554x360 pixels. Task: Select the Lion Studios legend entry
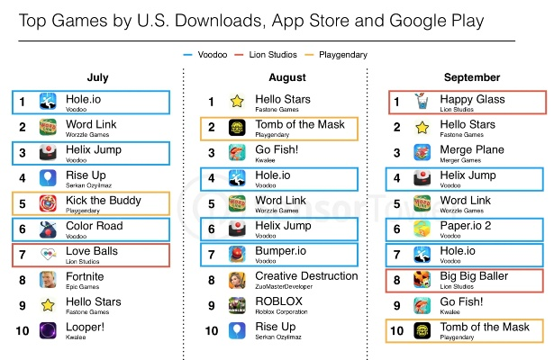pos(277,55)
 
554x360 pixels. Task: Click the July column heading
pos(97,78)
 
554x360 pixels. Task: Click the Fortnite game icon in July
pos(49,281)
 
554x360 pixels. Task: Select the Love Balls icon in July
pos(49,256)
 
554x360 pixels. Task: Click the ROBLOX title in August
pos(278,301)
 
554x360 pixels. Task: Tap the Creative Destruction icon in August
pos(238,281)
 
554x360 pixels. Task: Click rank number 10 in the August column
pos(211,330)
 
